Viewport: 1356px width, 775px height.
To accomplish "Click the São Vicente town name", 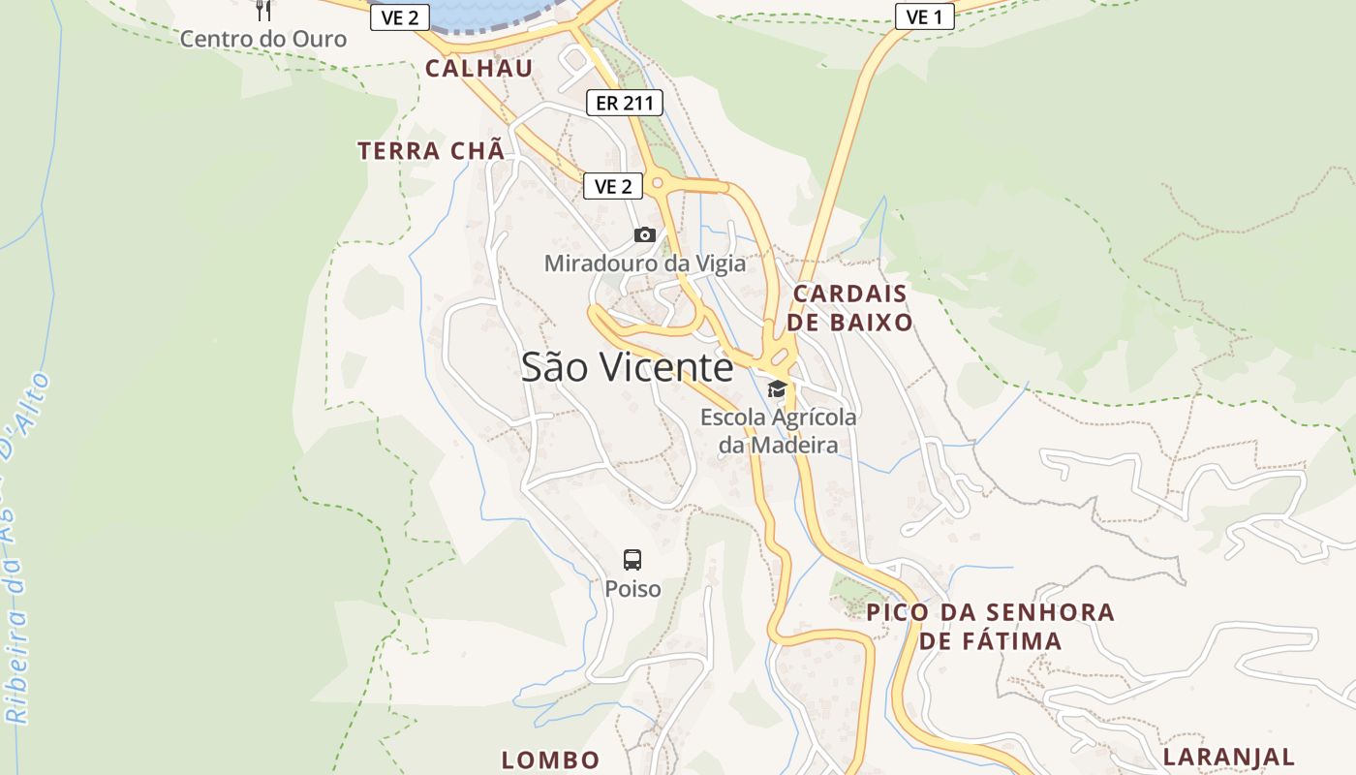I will pos(628,367).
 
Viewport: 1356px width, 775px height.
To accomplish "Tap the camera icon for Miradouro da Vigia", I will pos(645,234).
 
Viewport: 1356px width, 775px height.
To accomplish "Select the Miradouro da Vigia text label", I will pos(645,263).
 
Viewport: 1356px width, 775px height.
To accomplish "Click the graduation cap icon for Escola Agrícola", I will pos(777,389).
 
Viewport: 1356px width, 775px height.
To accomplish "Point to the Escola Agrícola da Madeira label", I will pos(779,431).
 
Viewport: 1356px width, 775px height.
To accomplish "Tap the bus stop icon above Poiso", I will pos(632,559).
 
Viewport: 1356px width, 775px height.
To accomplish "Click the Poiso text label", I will pos(632,588).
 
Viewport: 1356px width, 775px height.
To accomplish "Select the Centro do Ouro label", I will pos(263,39).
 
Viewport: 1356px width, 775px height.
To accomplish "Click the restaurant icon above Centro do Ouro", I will pos(262,11).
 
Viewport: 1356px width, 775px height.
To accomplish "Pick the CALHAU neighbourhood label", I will pos(479,68).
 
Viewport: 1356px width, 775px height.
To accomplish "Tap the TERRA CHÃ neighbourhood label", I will pos(431,151).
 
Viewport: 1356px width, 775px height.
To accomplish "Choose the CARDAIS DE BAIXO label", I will pos(850,308).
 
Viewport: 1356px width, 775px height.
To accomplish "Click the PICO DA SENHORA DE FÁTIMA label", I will pos(991,626).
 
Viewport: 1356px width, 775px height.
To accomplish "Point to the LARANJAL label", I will pos(1229,757).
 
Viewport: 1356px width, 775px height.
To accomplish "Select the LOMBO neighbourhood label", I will pos(550,759).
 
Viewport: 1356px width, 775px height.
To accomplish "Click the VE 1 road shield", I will pos(924,16).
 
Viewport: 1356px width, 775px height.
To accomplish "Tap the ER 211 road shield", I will pos(625,103).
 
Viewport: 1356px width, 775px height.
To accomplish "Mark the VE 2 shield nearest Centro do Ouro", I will pos(399,16).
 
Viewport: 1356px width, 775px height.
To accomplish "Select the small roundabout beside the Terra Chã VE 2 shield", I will pos(660,182).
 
